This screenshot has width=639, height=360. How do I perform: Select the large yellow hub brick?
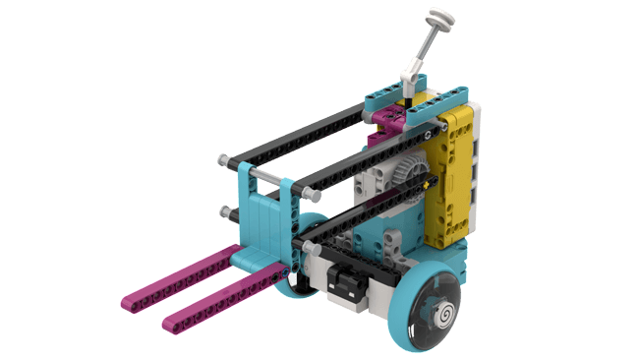tap(453, 177)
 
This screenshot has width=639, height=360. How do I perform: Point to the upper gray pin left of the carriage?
tap(226, 158)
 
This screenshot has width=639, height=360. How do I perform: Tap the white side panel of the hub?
tap(476, 167)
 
